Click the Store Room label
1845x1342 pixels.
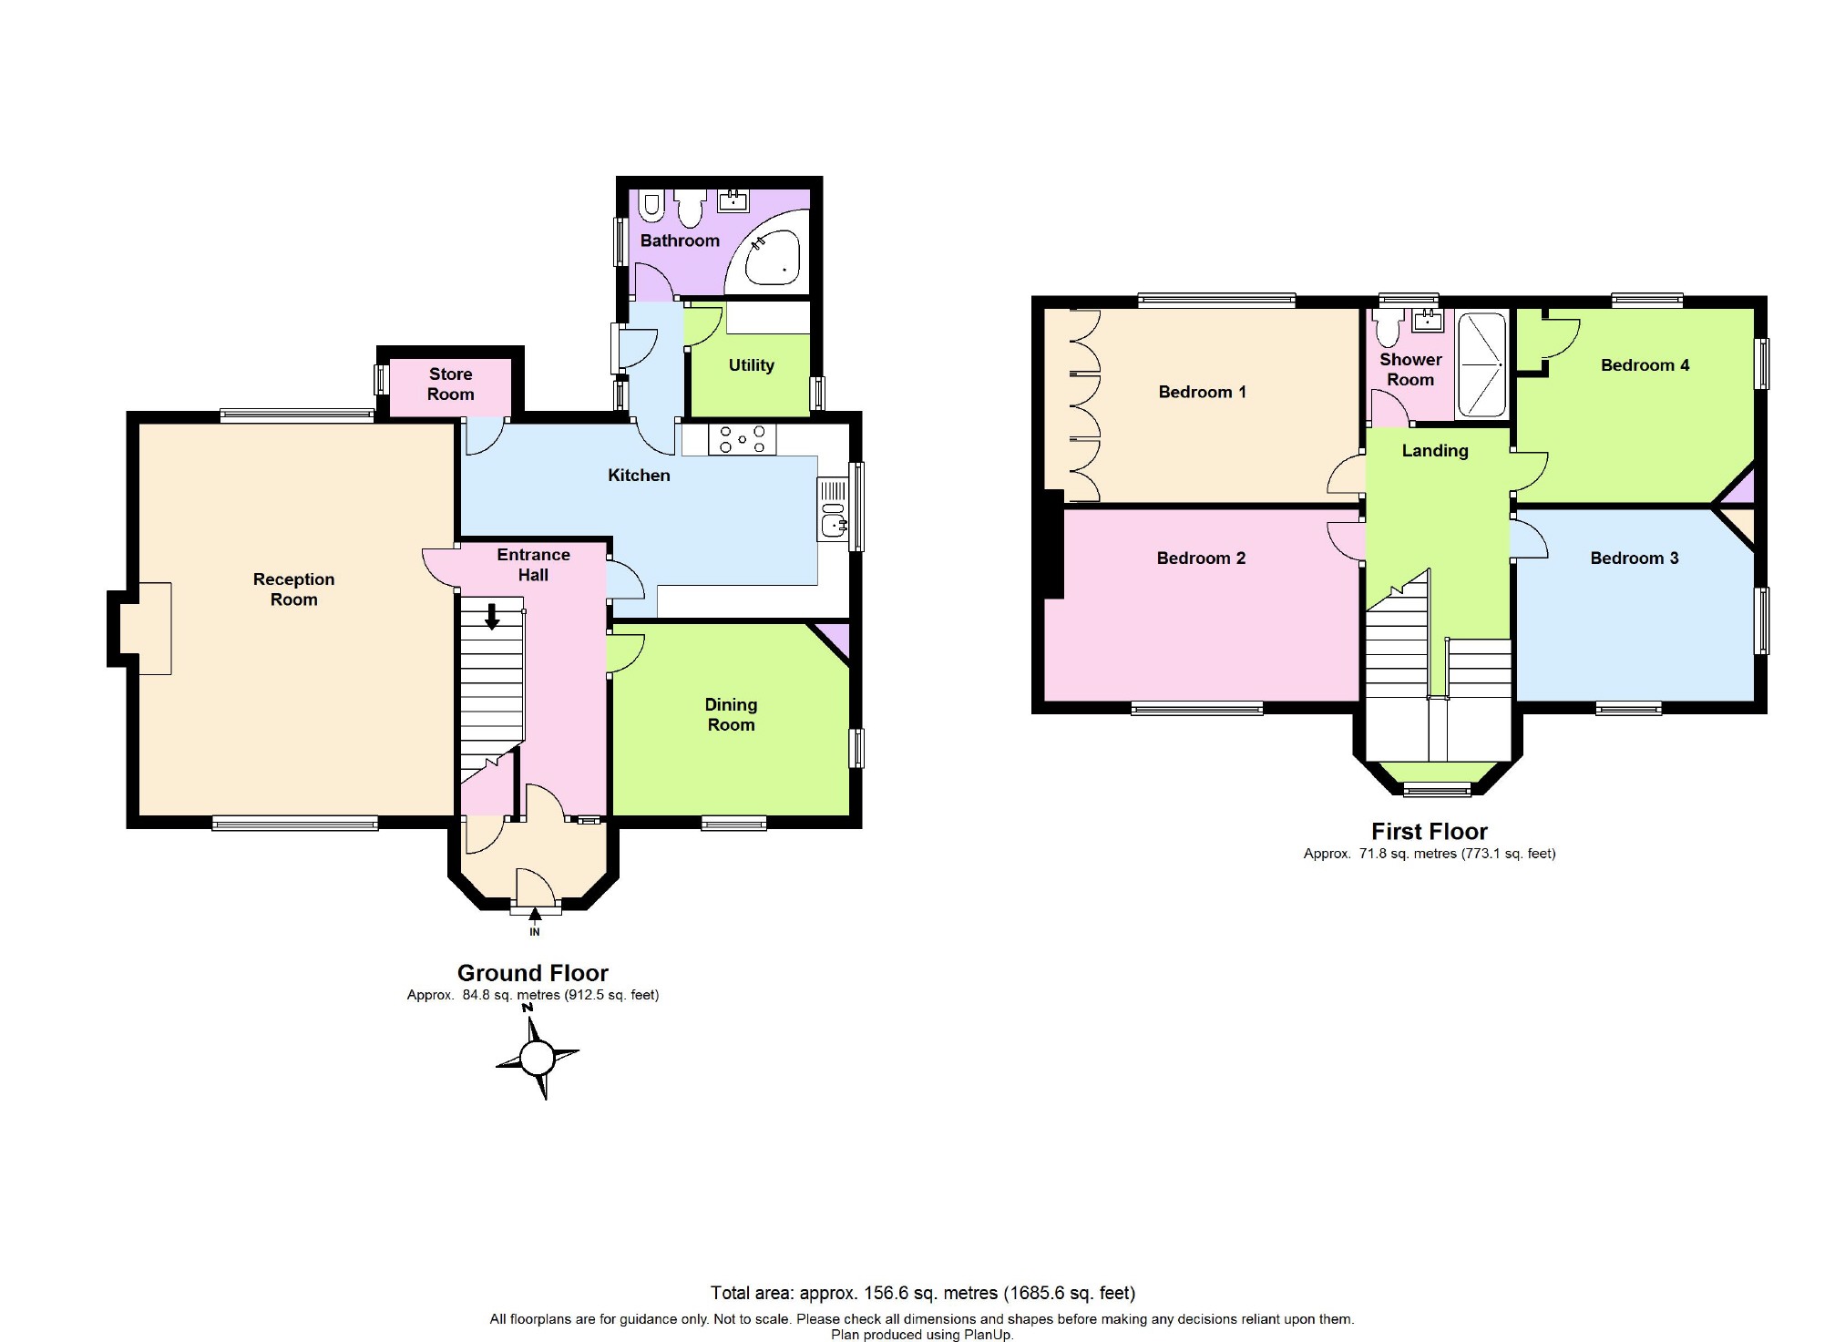click(450, 384)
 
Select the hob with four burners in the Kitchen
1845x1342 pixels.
click(743, 439)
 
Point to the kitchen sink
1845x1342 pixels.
click(834, 509)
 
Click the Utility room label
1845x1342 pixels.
click(752, 365)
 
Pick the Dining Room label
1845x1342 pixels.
click(731, 714)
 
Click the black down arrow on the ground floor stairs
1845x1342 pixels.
click(492, 616)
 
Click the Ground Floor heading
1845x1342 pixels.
click(533, 973)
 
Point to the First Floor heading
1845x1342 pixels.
click(1430, 831)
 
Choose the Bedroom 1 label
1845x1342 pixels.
click(1202, 392)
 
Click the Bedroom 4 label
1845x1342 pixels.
click(1645, 365)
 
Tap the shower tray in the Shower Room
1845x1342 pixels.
click(1481, 364)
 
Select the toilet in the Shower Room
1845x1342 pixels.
click(1389, 326)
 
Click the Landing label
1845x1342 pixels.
click(1435, 450)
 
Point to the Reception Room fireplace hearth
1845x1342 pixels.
click(155, 629)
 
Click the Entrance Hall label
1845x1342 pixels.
click(533, 565)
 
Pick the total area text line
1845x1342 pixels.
click(923, 1293)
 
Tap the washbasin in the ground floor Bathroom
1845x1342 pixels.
click(733, 200)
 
